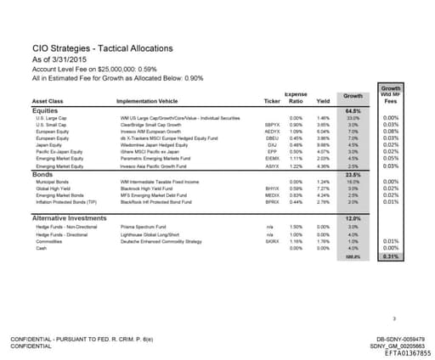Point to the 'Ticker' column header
click(272, 100)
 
